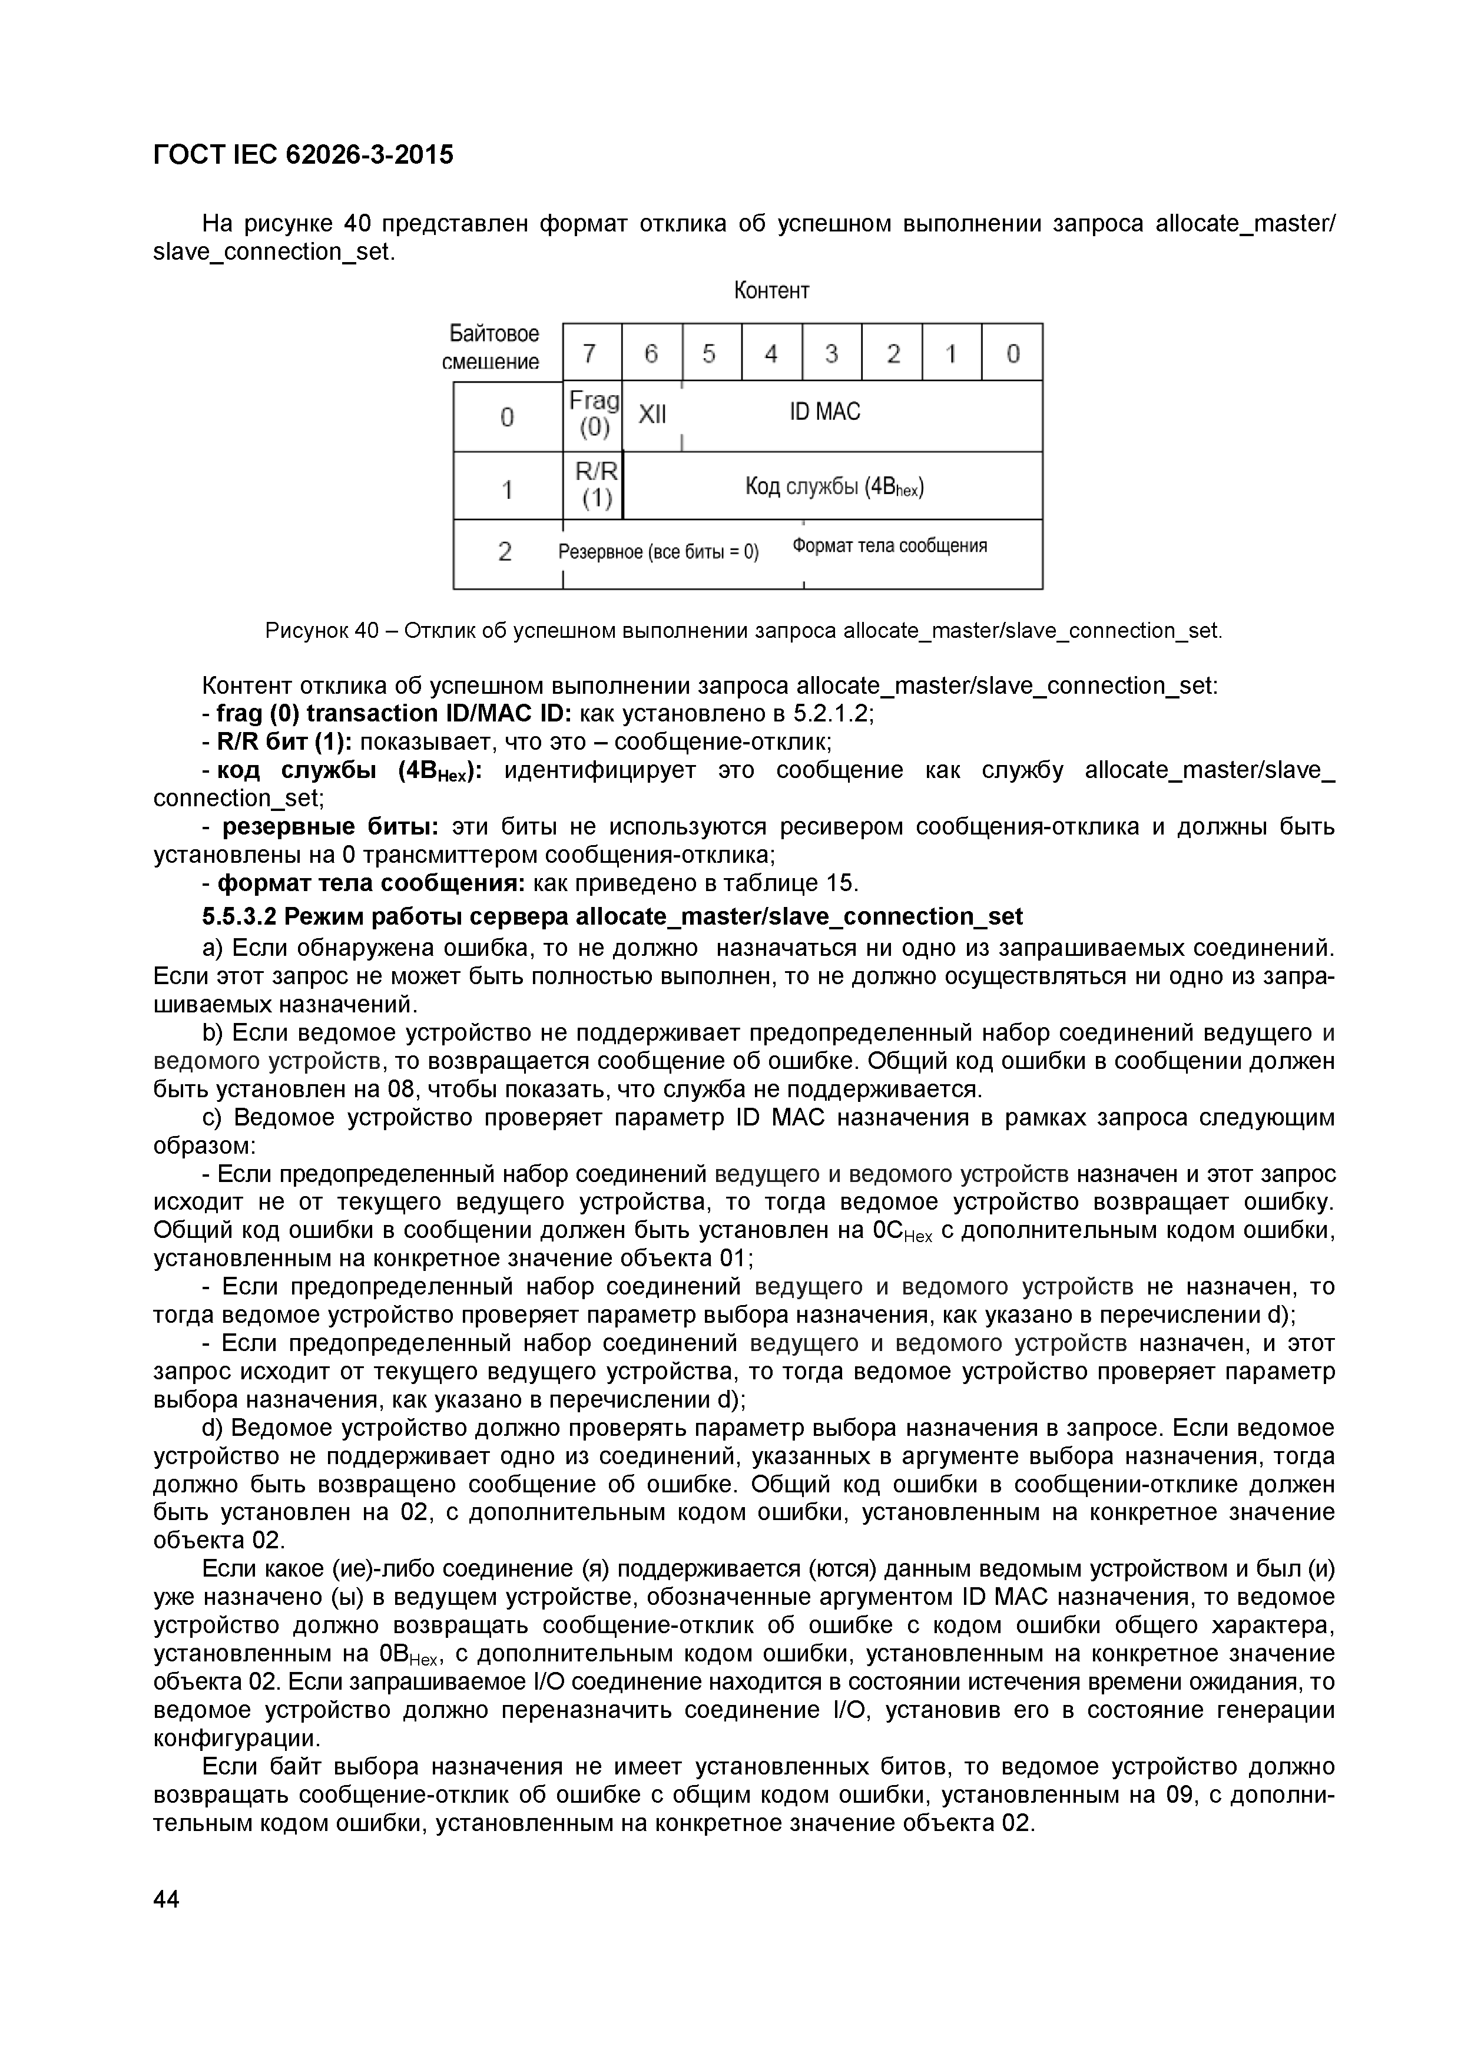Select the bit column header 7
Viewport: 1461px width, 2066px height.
pyautogui.click(x=590, y=353)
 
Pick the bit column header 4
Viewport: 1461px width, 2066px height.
pyautogui.click(x=771, y=353)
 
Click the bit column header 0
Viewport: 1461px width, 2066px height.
pyautogui.click(x=1012, y=353)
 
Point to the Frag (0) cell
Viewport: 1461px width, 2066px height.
pyautogui.click(x=593, y=414)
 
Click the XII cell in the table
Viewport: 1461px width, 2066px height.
pyautogui.click(x=652, y=414)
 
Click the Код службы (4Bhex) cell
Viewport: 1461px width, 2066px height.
pyautogui.click(x=834, y=487)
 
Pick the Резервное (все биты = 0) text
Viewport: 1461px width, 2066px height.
pyautogui.click(x=658, y=552)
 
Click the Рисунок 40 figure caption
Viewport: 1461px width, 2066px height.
pyautogui.click(x=743, y=630)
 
